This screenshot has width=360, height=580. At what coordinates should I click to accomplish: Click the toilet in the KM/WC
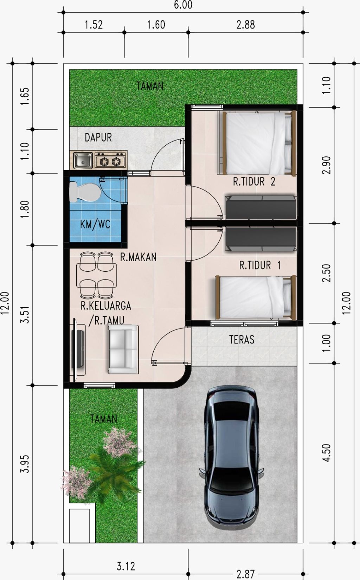(84, 192)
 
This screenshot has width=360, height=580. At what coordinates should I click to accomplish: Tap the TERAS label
(242, 340)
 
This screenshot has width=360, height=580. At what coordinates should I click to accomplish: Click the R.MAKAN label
(138, 257)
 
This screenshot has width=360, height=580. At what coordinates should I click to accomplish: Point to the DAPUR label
(98, 137)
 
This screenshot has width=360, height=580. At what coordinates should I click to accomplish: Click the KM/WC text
(95, 224)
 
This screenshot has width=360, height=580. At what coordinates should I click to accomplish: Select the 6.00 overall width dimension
(183, 5)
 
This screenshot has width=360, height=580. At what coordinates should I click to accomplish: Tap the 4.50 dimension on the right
(327, 452)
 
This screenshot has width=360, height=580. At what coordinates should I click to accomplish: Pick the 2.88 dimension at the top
(245, 25)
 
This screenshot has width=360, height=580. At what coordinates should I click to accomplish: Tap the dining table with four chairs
(96, 275)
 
